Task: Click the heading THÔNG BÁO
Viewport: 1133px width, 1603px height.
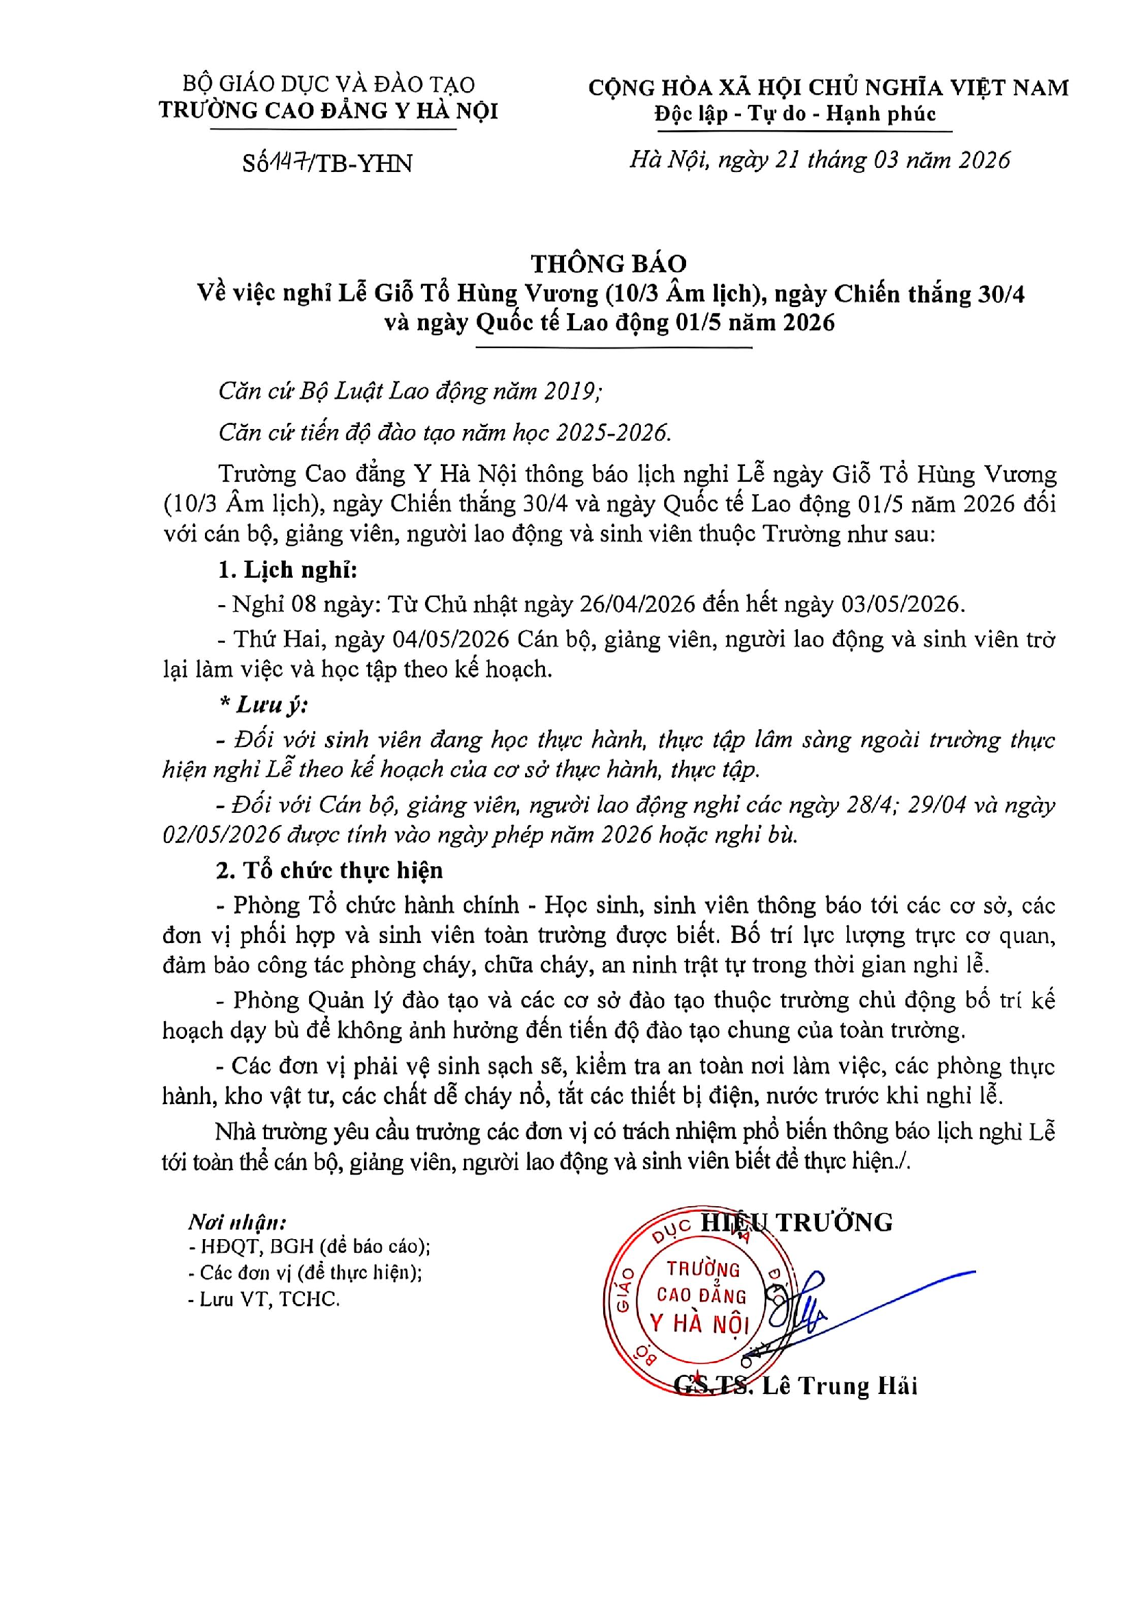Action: (x=608, y=263)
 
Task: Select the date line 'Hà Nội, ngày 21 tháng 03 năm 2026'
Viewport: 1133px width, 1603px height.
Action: (x=820, y=160)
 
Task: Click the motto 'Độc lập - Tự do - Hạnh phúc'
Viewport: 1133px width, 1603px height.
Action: (x=794, y=114)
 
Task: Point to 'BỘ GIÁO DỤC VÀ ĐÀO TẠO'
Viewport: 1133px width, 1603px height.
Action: (x=328, y=84)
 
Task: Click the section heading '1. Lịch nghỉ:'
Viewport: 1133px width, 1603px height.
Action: (x=287, y=570)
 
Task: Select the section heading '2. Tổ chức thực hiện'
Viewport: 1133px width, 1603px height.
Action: (x=329, y=870)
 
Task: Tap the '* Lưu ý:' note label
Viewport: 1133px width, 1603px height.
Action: (x=263, y=705)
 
